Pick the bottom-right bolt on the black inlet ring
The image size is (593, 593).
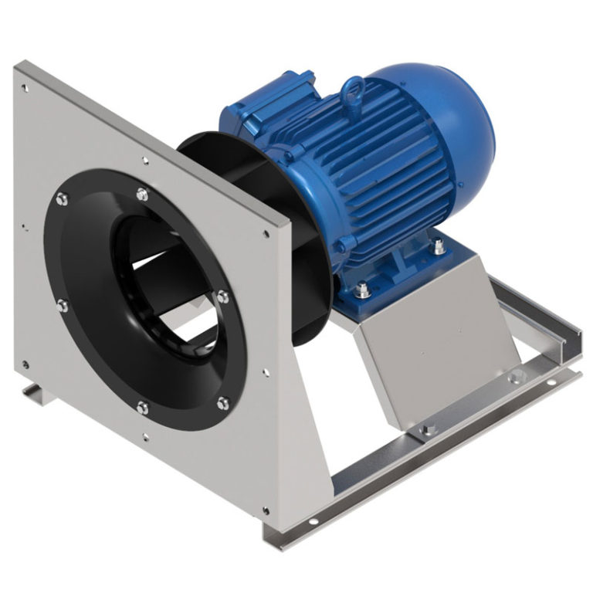(223, 402)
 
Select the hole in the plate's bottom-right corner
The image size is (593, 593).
(266, 510)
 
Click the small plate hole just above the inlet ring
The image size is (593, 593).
(145, 161)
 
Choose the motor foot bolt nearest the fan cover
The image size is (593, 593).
(439, 247)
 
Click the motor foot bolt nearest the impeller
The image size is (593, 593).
(363, 291)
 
